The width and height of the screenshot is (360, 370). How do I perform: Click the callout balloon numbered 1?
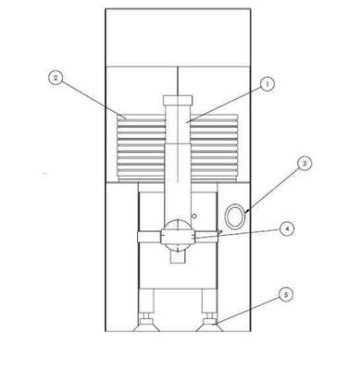click(x=267, y=84)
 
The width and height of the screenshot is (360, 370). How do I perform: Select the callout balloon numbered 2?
click(x=56, y=78)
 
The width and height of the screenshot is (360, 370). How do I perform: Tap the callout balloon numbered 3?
click(x=304, y=164)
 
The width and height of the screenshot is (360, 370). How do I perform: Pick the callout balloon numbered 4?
click(x=287, y=229)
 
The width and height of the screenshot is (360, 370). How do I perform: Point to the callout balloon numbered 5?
click(x=286, y=295)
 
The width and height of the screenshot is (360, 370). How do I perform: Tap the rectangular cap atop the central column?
click(x=178, y=100)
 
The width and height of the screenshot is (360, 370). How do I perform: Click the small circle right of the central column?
click(x=194, y=216)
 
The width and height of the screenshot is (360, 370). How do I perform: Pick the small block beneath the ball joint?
click(x=178, y=257)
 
